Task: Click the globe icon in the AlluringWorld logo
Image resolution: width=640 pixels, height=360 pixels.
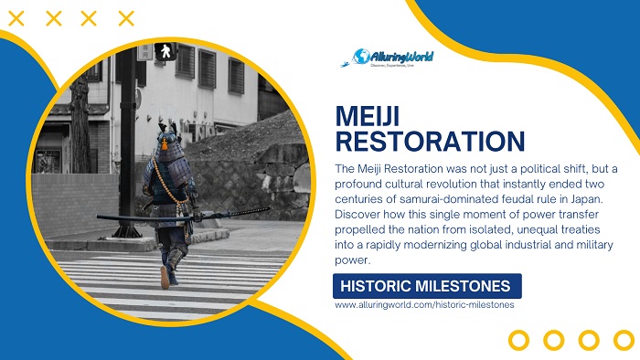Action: click(x=362, y=58)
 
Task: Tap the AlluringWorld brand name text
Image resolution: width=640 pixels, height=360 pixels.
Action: click(x=402, y=58)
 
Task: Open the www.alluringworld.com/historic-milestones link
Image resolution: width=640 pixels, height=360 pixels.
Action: click(x=424, y=304)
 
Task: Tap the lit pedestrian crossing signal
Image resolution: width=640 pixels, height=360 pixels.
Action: click(x=165, y=50)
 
